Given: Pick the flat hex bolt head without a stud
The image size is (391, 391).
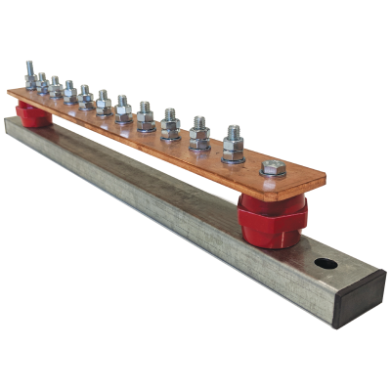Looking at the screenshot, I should coord(273,169).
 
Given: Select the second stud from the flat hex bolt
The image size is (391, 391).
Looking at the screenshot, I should coord(199,133).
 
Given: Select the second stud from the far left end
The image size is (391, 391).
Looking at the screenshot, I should coord(42,82).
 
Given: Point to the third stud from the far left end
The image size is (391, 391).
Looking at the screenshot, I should coord(55,87).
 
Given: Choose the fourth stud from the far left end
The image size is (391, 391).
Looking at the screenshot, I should coord(69,92).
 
